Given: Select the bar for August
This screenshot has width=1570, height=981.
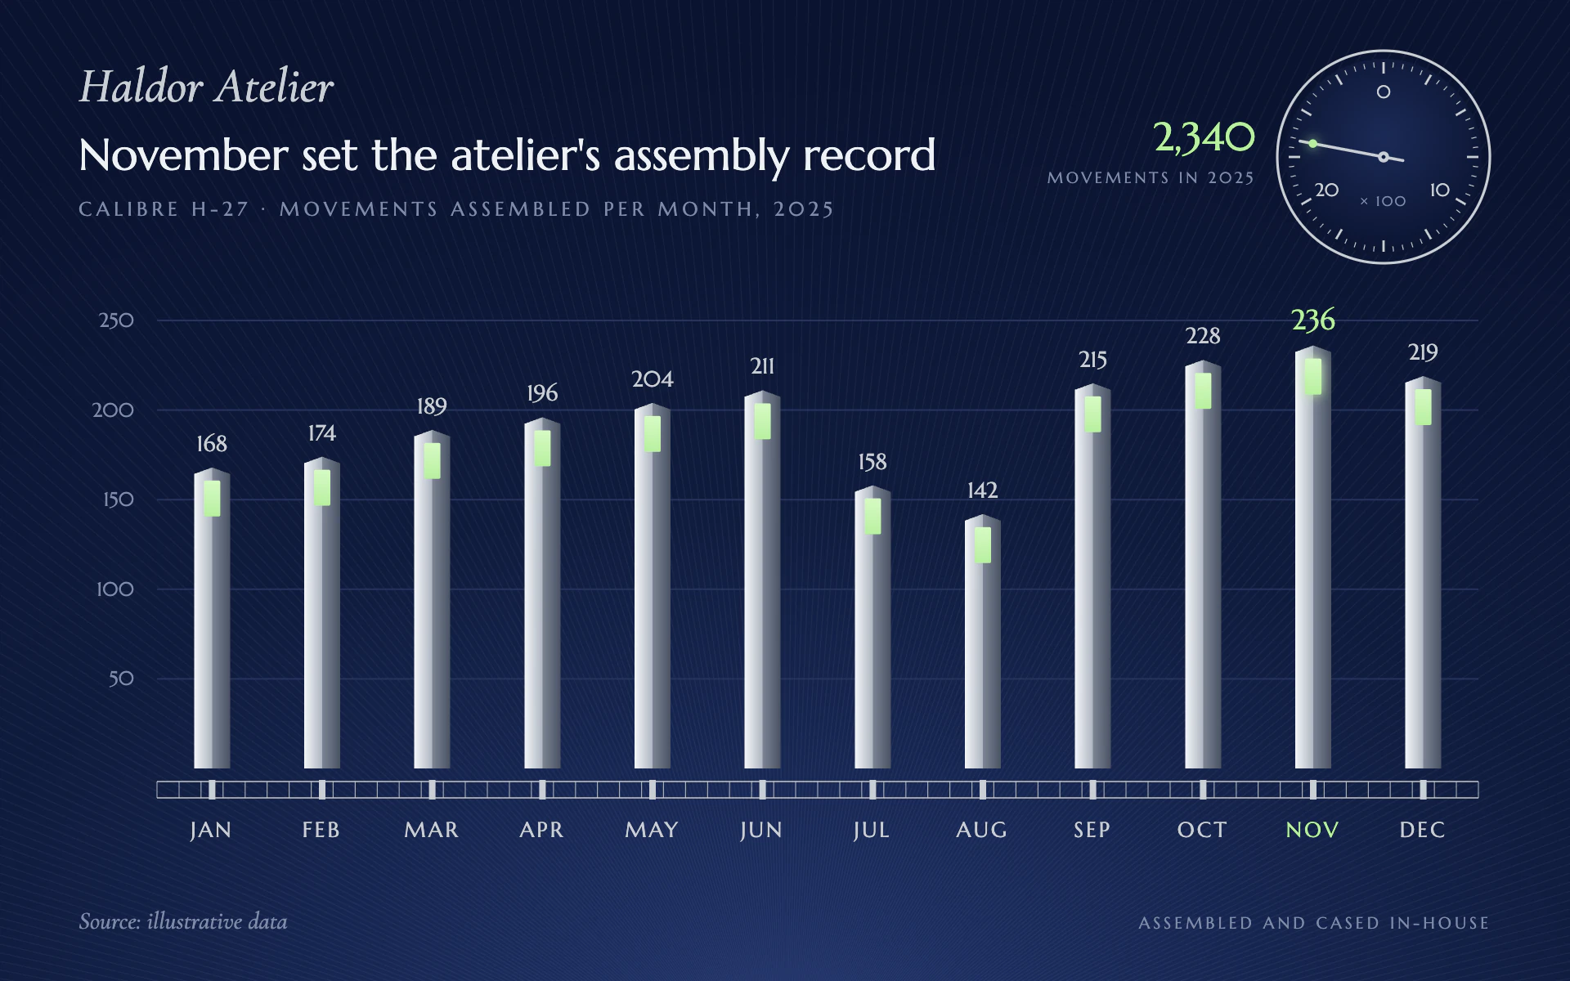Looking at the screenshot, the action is tap(983, 642).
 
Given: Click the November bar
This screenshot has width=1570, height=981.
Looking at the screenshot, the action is tap(1313, 558).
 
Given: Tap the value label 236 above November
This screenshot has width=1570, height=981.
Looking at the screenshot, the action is tap(1313, 320).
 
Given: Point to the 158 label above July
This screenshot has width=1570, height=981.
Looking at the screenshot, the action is tap(872, 462).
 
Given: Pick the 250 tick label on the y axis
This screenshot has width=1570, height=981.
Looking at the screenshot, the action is tap(117, 320).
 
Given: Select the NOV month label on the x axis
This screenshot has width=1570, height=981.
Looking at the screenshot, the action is tap(1312, 830).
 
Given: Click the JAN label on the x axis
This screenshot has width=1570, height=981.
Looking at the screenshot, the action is tap(211, 831).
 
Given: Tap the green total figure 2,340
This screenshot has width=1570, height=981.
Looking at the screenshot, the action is tap(1204, 137).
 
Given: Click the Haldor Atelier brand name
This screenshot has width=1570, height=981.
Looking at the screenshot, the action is tap(206, 87).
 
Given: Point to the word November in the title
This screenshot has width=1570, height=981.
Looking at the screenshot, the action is tap(184, 155).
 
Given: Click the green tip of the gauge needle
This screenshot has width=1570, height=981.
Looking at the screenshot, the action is tap(1313, 144).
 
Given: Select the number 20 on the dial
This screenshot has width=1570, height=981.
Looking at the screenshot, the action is tap(1326, 190).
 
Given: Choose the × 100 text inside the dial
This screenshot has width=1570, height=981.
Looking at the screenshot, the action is tap(1383, 201).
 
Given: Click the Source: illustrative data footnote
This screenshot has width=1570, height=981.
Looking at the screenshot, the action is tap(183, 922).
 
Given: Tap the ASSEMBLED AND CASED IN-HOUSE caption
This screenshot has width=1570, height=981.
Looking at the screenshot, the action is tap(1314, 923).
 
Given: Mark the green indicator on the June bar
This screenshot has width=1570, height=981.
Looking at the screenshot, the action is tap(762, 421).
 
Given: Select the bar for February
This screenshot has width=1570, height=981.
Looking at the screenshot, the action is tap(322, 613).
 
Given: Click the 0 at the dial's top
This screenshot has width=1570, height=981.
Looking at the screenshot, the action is tap(1384, 92).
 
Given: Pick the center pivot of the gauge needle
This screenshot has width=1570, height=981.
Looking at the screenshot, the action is tap(1384, 157).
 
